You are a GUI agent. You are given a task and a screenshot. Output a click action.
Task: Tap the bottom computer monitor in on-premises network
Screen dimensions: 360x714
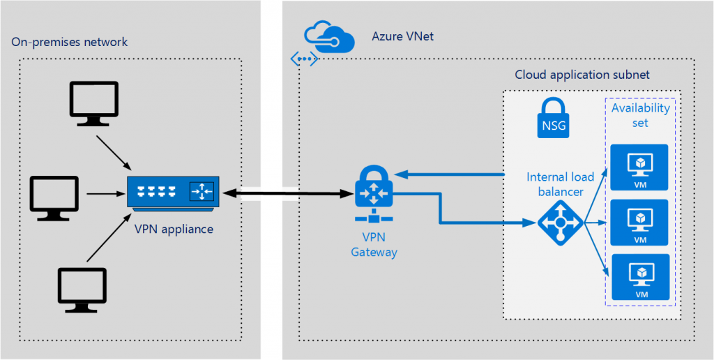[x=82, y=289]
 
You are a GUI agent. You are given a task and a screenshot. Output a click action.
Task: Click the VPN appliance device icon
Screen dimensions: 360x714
[x=173, y=191]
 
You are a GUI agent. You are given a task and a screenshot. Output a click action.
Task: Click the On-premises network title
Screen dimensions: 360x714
[x=70, y=43]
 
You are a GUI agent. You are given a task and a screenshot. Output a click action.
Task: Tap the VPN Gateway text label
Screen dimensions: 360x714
[x=374, y=245]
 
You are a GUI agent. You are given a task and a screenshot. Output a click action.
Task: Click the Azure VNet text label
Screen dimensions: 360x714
[x=402, y=36]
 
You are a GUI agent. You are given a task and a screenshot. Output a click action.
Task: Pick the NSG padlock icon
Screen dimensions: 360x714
[x=554, y=117]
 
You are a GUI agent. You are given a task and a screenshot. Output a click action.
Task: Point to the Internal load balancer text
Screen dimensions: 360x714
[x=555, y=183]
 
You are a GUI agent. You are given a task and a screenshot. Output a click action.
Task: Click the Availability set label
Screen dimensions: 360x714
[x=640, y=115]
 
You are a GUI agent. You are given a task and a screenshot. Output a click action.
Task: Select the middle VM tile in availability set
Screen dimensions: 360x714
[x=639, y=221]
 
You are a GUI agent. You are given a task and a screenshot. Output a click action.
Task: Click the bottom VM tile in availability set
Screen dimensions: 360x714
[x=639, y=276]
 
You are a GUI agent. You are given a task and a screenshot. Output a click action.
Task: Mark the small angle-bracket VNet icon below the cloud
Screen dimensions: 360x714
[x=305, y=59]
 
